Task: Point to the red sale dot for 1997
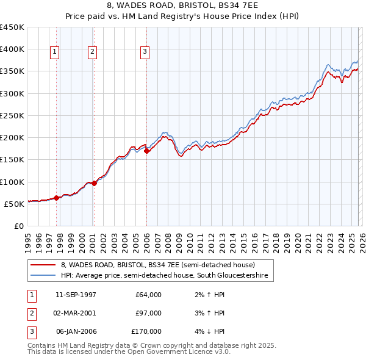point(57,198)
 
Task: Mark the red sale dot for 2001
point(94,183)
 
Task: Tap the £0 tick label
point(18,226)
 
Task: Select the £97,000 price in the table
point(149,313)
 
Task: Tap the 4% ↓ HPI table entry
point(209,331)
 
